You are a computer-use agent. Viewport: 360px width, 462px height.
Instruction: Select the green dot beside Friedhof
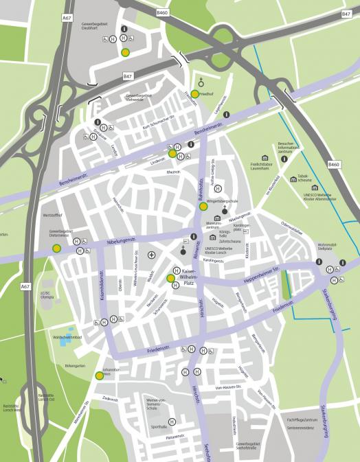tap(195, 93)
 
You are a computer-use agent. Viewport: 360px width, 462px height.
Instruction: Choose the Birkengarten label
tap(75, 367)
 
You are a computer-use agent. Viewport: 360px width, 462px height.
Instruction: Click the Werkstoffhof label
tap(52, 215)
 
